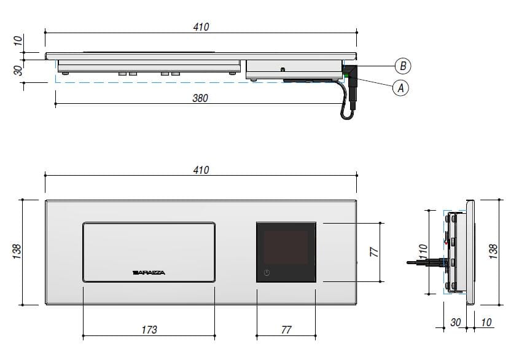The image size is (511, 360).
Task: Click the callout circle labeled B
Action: [x=403, y=66]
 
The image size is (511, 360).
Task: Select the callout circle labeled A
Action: [x=400, y=88]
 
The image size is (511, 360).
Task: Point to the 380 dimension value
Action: [x=200, y=98]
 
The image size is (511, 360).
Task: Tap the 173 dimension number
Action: [x=149, y=330]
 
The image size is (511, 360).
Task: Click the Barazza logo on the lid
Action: [x=149, y=273]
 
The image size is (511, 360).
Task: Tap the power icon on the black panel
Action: [x=267, y=273]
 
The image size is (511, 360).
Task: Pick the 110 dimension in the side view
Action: [x=423, y=252]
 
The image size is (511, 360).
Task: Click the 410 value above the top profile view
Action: [x=201, y=27]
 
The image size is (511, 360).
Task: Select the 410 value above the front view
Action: [x=201, y=170]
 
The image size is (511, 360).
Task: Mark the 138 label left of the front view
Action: [x=17, y=251]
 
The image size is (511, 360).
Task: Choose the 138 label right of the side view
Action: [x=493, y=252]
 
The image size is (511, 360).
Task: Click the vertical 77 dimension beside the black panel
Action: [x=375, y=252]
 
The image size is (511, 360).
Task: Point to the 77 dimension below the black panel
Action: [x=286, y=330]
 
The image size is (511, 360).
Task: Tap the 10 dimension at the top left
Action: [x=18, y=41]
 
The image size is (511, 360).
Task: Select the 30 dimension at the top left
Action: [x=18, y=71]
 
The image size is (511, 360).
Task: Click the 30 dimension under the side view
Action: [x=456, y=323]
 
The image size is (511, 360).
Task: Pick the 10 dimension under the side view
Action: [x=486, y=323]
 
